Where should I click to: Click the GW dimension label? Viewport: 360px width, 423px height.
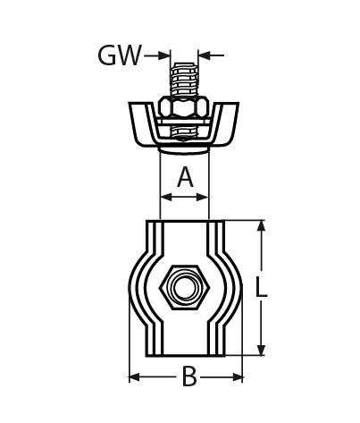[x=119, y=56]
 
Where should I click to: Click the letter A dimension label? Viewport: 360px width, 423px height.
[x=185, y=177]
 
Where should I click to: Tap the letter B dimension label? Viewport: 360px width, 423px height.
[x=188, y=377]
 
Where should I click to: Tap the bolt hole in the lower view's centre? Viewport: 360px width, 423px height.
[x=184, y=288]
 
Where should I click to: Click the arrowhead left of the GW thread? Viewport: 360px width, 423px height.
[x=163, y=55]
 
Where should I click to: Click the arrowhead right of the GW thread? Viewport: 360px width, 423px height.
[x=204, y=55]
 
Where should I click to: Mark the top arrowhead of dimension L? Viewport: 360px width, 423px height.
[x=261, y=225]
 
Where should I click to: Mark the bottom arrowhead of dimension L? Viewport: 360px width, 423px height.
[x=261, y=351]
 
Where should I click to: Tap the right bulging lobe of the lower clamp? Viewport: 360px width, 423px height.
[x=230, y=288]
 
